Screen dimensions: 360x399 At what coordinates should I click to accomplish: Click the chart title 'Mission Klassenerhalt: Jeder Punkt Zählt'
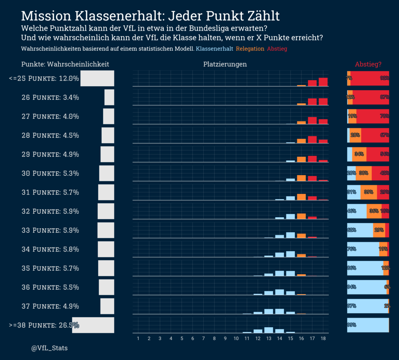150,16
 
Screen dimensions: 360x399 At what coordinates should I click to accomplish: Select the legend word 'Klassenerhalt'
215,49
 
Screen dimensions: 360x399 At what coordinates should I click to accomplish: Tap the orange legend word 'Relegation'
250,49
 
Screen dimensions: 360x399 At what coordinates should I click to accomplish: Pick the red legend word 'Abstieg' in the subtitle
277,49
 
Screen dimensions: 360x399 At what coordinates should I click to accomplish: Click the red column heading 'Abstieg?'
368,64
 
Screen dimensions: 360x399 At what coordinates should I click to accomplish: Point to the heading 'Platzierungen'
225,64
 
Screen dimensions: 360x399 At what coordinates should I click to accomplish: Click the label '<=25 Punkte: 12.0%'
44,78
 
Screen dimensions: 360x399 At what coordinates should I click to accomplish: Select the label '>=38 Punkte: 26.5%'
44,325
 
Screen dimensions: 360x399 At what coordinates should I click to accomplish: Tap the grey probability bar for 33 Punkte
106,230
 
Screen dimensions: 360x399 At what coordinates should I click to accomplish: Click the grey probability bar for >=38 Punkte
93,325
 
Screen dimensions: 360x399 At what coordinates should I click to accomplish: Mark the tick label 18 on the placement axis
323,339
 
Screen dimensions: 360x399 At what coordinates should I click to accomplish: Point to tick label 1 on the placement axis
138,339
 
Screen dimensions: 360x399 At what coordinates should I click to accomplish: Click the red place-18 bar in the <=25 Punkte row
323,82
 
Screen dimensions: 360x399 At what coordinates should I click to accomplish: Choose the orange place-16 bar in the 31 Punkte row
301,197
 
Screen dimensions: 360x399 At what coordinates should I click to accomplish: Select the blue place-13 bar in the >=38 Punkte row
268,330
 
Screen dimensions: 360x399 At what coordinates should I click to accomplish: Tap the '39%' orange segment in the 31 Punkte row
369,192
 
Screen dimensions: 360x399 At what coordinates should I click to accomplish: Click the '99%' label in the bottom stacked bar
352,325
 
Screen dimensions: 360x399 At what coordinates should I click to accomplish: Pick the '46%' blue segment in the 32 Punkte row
357,211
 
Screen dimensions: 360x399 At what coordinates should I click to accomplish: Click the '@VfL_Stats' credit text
49,347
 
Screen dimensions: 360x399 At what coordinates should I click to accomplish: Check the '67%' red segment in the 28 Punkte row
375,135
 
